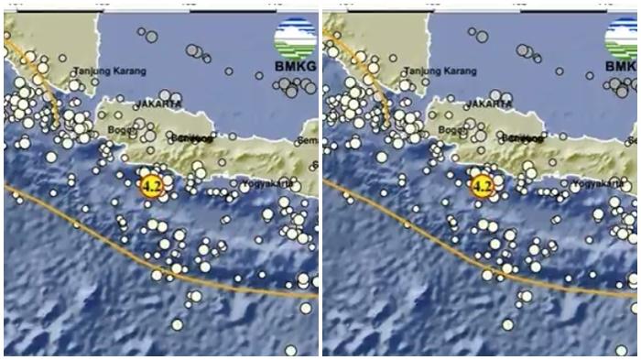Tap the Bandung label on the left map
pos(189,138)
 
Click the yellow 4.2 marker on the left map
pos(150,187)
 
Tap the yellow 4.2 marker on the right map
pos(482,187)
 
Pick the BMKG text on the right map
pos(621,67)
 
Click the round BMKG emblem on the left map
pos(295,39)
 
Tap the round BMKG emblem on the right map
pos(620,39)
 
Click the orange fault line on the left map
pos(110,245)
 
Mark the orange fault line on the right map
pos(430,245)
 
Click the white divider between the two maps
pos(320,183)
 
